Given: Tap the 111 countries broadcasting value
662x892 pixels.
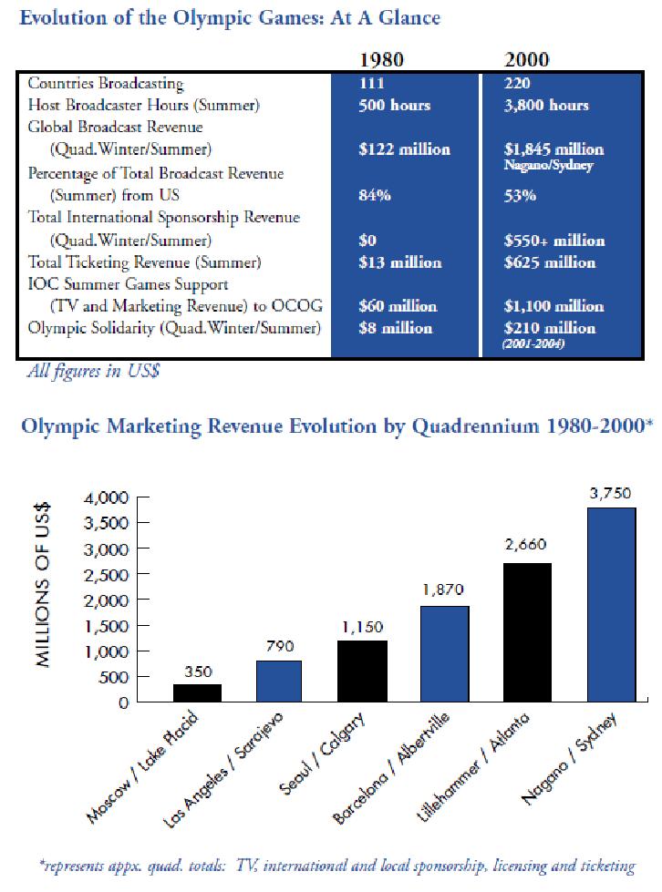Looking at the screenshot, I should [x=373, y=84].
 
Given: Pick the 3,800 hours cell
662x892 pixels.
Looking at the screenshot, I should [x=546, y=105].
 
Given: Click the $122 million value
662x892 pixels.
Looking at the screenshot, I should [x=404, y=149].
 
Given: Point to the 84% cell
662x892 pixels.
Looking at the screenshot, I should [x=375, y=194].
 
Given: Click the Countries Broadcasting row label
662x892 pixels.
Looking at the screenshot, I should [x=106, y=84].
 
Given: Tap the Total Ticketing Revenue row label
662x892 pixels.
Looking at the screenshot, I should [x=145, y=262].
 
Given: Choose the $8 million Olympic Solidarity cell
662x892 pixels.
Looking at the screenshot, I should [x=396, y=328].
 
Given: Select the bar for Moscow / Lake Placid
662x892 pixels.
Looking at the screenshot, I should [x=197, y=692].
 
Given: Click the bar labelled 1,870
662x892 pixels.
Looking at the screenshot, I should [x=444, y=653].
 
